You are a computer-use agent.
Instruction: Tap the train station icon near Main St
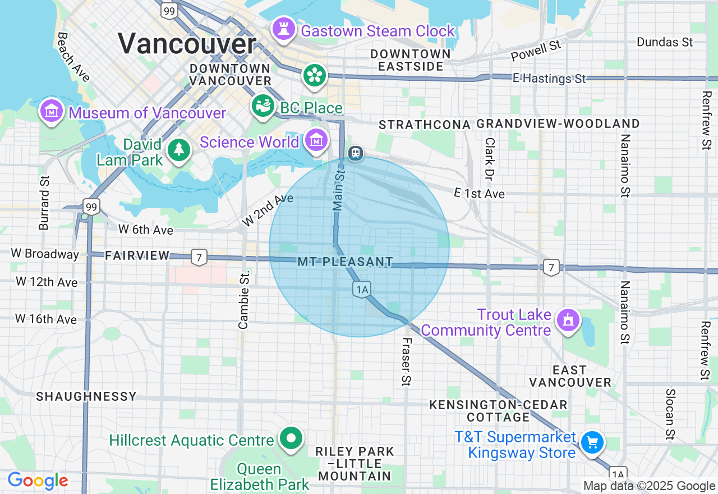pos(355,153)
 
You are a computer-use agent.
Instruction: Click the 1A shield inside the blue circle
pos(362,290)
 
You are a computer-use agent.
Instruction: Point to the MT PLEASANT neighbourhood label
pos(345,262)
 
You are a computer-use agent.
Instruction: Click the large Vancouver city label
pos(187,43)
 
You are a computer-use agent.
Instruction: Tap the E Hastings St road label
pos(549,79)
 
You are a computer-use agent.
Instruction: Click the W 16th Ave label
pos(46,319)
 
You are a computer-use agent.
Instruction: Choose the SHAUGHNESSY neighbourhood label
pos(86,396)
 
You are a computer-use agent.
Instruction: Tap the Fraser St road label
pos(407,362)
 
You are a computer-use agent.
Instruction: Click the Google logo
pos(38,481)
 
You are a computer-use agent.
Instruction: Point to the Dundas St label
pos(665,42)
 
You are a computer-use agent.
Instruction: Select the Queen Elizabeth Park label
pos(259,477)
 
